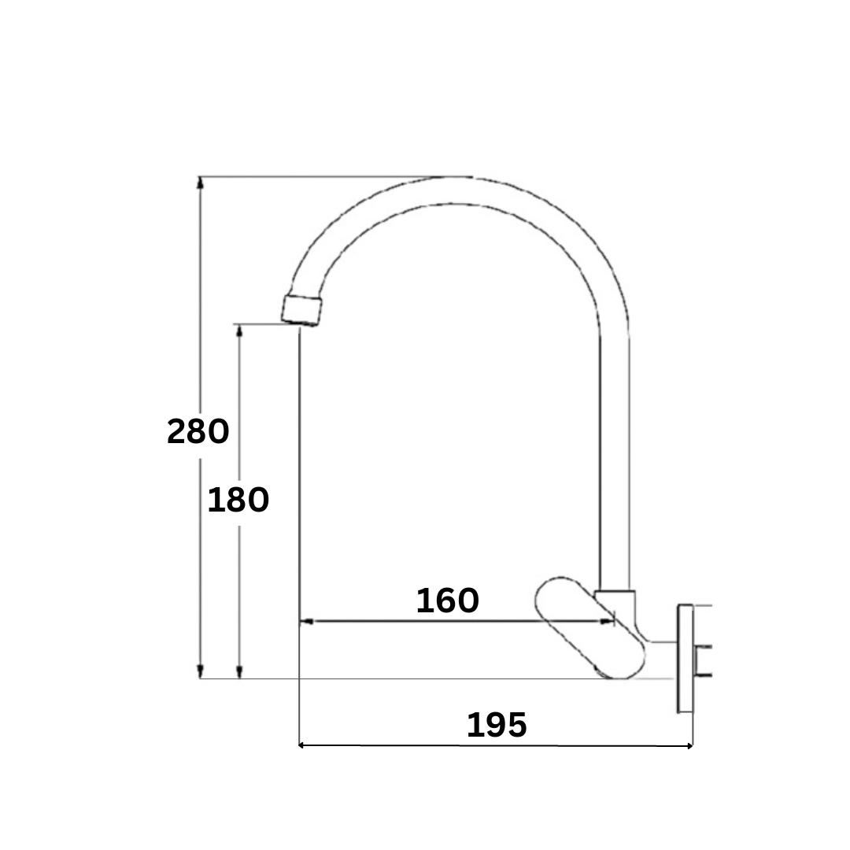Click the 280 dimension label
pos(198,431)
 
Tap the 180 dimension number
pos(238,499)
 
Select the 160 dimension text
pos(448,600)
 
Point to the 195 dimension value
pos(497,725)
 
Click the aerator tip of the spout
pos(301,310)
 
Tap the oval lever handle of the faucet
pos(589,627)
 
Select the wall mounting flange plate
pos(686,658)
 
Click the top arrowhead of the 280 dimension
pos(201,183)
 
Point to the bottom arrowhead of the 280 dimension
pos(201,672)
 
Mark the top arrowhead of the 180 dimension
pos(239,330)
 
